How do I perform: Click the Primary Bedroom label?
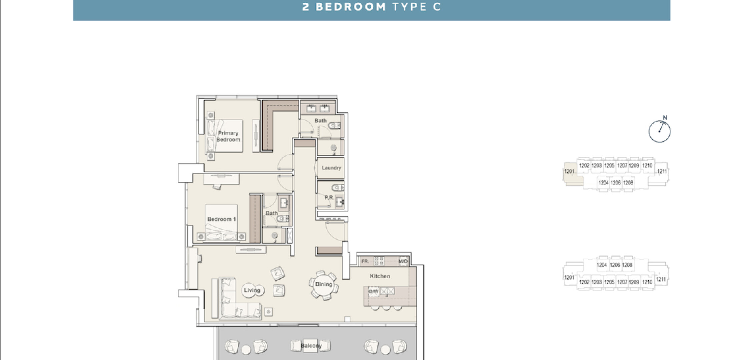coord(228,136)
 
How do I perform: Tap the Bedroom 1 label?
coord(222,219)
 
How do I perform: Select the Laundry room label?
coord(331,168)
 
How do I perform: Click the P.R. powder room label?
coord(329,198)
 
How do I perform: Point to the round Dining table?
coord(324,284)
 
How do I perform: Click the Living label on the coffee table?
coord(252,290)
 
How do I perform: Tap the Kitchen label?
coord(380,276)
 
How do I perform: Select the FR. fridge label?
coord(365,261)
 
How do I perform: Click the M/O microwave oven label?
coord(403,261)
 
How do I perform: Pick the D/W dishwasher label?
coord(373,292)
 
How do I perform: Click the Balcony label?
coord(311,346)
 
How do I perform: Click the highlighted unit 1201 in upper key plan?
coord(569,171)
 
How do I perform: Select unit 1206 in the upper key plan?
coord(615,183)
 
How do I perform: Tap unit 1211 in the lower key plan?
coord(661,279)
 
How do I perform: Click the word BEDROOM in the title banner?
coord(351,7)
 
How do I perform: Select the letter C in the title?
coord(437,7)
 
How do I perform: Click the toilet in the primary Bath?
coord(334,126)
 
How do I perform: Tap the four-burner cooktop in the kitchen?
coord(379,261)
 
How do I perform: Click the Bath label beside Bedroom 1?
coord(271,213)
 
